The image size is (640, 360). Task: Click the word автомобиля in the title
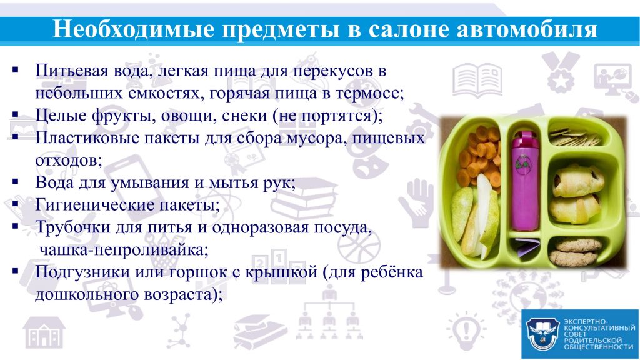tap(527, 29)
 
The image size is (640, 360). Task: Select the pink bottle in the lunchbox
tap(525, 182)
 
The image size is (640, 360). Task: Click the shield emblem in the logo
tap(542, 334)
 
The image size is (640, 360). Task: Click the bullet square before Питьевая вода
tap(16, 69)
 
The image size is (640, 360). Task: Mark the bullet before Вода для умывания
tap(16, 181)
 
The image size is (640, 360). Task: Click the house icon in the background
tap(44, 332)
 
